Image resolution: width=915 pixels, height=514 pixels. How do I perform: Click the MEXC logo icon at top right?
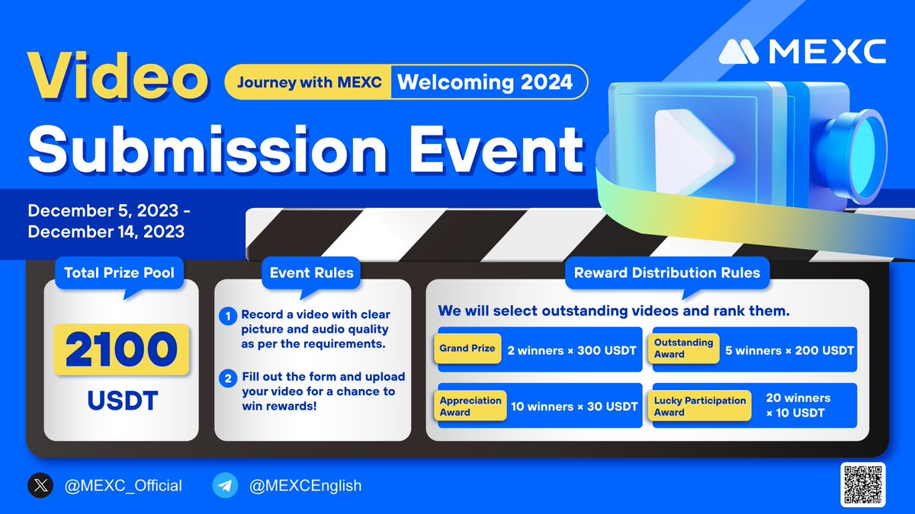[x=740, y=52]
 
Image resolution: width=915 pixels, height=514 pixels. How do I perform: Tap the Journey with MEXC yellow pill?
[x=308, y=82]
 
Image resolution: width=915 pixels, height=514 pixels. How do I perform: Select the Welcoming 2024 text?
[x=485, y=82]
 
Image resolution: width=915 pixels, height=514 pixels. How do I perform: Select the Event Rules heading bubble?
[x=312, y=272]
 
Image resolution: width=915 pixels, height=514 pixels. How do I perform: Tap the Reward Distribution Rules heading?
[x=666, y=272]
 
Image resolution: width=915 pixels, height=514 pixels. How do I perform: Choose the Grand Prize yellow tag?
[x=467, y=349]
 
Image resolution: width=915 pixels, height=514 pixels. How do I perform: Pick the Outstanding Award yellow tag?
[x=684, y=349]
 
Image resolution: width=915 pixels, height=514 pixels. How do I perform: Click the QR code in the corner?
[x=863, y=484]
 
